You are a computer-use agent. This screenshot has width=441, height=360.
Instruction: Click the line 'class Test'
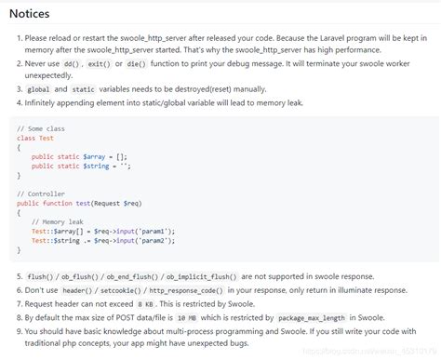click(x=35, y=138)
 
